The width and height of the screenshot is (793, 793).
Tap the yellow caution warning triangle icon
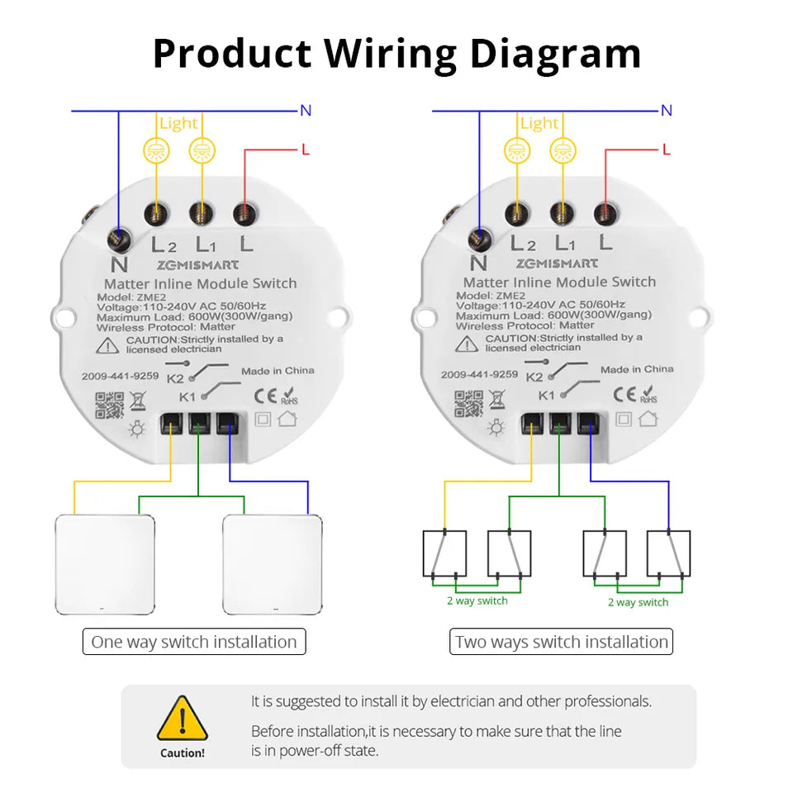(183, 719)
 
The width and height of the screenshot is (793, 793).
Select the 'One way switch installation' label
(194, 642)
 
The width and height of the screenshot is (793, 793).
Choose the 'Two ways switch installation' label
(561, 642)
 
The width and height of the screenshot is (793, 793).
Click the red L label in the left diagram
(306, 150)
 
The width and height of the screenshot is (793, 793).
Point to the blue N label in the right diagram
(667, 110)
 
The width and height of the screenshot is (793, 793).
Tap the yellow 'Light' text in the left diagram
(178, 123)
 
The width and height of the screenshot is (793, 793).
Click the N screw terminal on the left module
(119, 240)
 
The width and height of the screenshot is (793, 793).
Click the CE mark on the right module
(624, 392)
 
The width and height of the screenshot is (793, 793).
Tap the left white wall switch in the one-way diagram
(105, 565)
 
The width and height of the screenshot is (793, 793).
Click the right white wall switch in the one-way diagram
(273, 565)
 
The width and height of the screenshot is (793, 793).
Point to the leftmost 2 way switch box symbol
(444, 553)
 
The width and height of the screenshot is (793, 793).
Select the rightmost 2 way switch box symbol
(668, 553)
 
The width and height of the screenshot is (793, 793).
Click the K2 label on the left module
(175, 379)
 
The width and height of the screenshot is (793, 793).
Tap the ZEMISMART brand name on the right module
(557, 264)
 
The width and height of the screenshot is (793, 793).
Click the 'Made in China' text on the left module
(278, 371)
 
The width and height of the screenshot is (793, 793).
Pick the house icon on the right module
(648, 419)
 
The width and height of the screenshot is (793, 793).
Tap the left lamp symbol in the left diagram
(155, 150)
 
